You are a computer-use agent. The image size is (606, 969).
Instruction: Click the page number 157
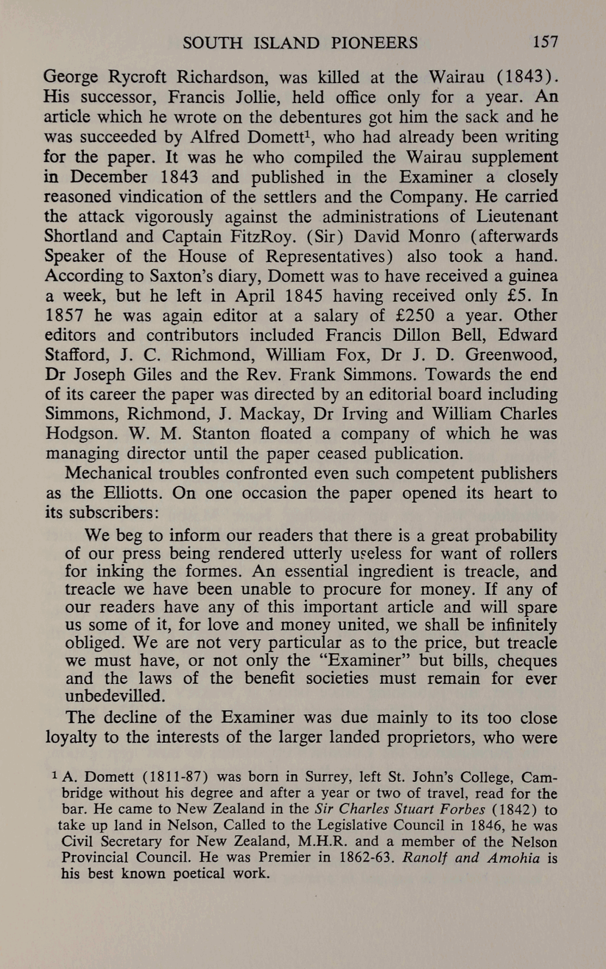pyautogui.click(x=546, y=42)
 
